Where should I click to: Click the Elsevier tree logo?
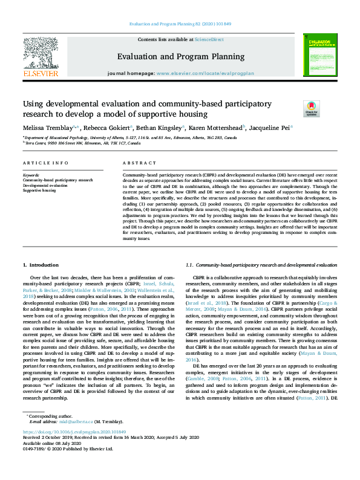41,54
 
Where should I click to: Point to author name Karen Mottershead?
214,128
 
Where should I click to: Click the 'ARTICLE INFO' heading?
45,164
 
